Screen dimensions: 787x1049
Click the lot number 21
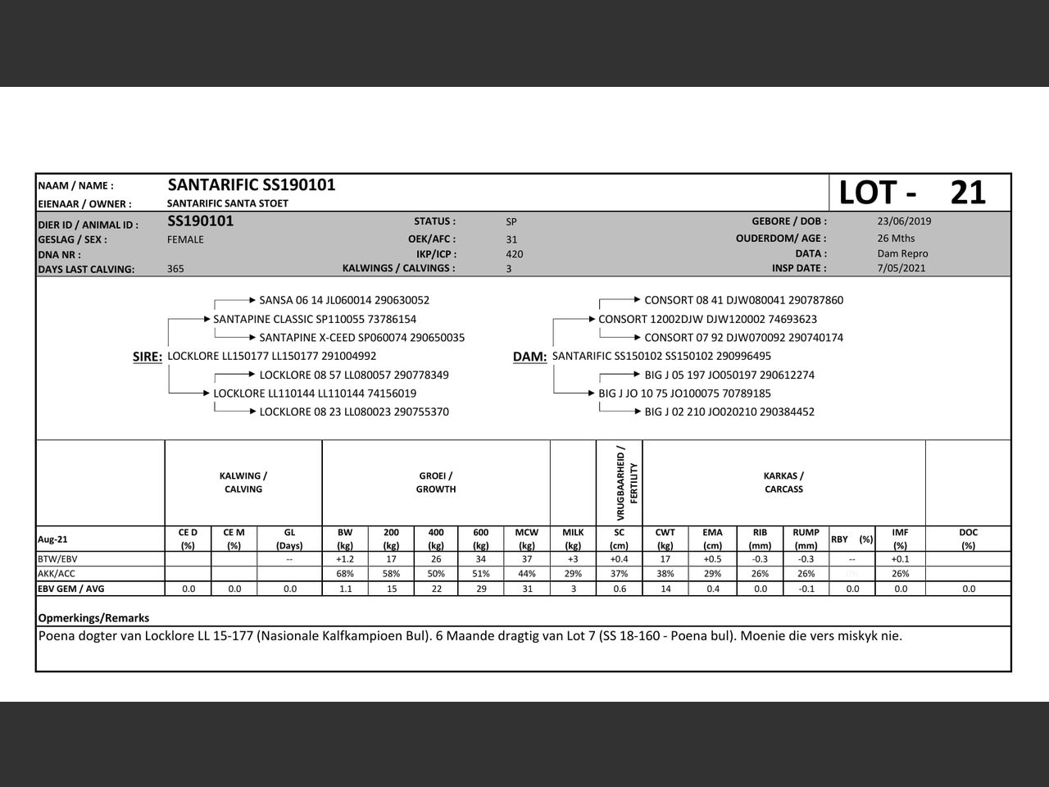(968, 193)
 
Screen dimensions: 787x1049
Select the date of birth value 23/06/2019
(904, 221)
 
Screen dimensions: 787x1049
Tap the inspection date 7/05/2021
(901, 268)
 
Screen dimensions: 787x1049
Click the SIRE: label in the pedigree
(148, 357)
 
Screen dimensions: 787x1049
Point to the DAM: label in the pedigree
(529, 357)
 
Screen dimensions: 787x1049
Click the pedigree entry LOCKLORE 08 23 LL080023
(354, 412)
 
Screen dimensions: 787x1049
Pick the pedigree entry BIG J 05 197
(729, 375)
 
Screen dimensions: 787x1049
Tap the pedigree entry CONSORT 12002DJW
(707, 319)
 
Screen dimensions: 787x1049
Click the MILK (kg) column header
(573, 539)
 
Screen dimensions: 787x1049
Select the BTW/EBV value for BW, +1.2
(345, 559)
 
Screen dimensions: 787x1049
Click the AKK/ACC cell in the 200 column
(391, 574)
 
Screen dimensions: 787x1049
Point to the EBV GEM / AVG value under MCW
(526, 589)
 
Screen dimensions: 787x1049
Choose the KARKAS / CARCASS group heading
(783, 482)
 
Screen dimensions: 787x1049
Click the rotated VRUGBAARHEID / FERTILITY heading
(620, 483)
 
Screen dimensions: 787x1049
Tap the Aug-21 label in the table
(53, 539)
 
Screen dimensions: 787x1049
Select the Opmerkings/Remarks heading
(93, 618)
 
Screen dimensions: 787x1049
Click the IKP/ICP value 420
(515, 254)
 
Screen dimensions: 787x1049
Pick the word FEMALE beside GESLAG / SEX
(185, 239)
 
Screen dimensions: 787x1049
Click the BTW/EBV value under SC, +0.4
(619, 559)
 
